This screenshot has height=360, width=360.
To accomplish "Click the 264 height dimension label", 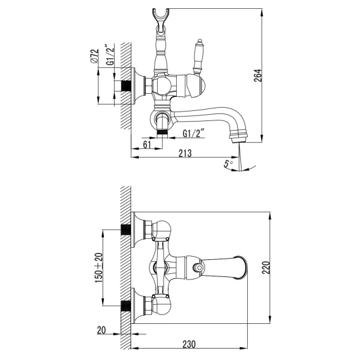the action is coord(258,75).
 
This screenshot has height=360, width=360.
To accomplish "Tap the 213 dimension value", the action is coord(185,153).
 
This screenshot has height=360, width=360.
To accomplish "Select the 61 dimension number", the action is coord(147,145).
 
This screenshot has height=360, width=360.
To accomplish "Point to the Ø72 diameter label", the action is coord(94,56).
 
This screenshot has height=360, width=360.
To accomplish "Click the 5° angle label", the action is coord(228,164).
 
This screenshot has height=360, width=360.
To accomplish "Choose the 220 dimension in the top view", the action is coord(266,267).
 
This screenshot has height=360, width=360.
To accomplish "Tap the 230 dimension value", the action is coord(189,344).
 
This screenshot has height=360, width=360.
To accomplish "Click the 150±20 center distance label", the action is coord(99,267).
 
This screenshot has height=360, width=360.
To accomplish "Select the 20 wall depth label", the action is coord(101,330).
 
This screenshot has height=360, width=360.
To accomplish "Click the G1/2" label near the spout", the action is coord(193,133).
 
